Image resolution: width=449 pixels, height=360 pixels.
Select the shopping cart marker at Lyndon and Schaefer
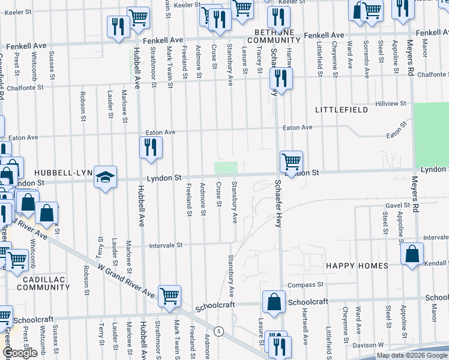click(x=291, y=162)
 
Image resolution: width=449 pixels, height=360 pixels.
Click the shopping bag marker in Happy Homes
click(x=412, y=254)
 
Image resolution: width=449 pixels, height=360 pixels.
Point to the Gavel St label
click(x=397, y=205)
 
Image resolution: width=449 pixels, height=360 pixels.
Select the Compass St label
click(x=306, y=284)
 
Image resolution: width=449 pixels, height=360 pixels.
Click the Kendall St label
click(x=436, y=263)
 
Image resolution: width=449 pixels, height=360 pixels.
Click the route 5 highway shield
click(x=220, y=331)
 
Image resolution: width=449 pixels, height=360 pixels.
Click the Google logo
click(x=20, y=353)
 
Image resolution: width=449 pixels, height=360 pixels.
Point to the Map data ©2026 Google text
click(x=411, y=355)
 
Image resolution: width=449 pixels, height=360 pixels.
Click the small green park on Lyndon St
click(x=226, y=167)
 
